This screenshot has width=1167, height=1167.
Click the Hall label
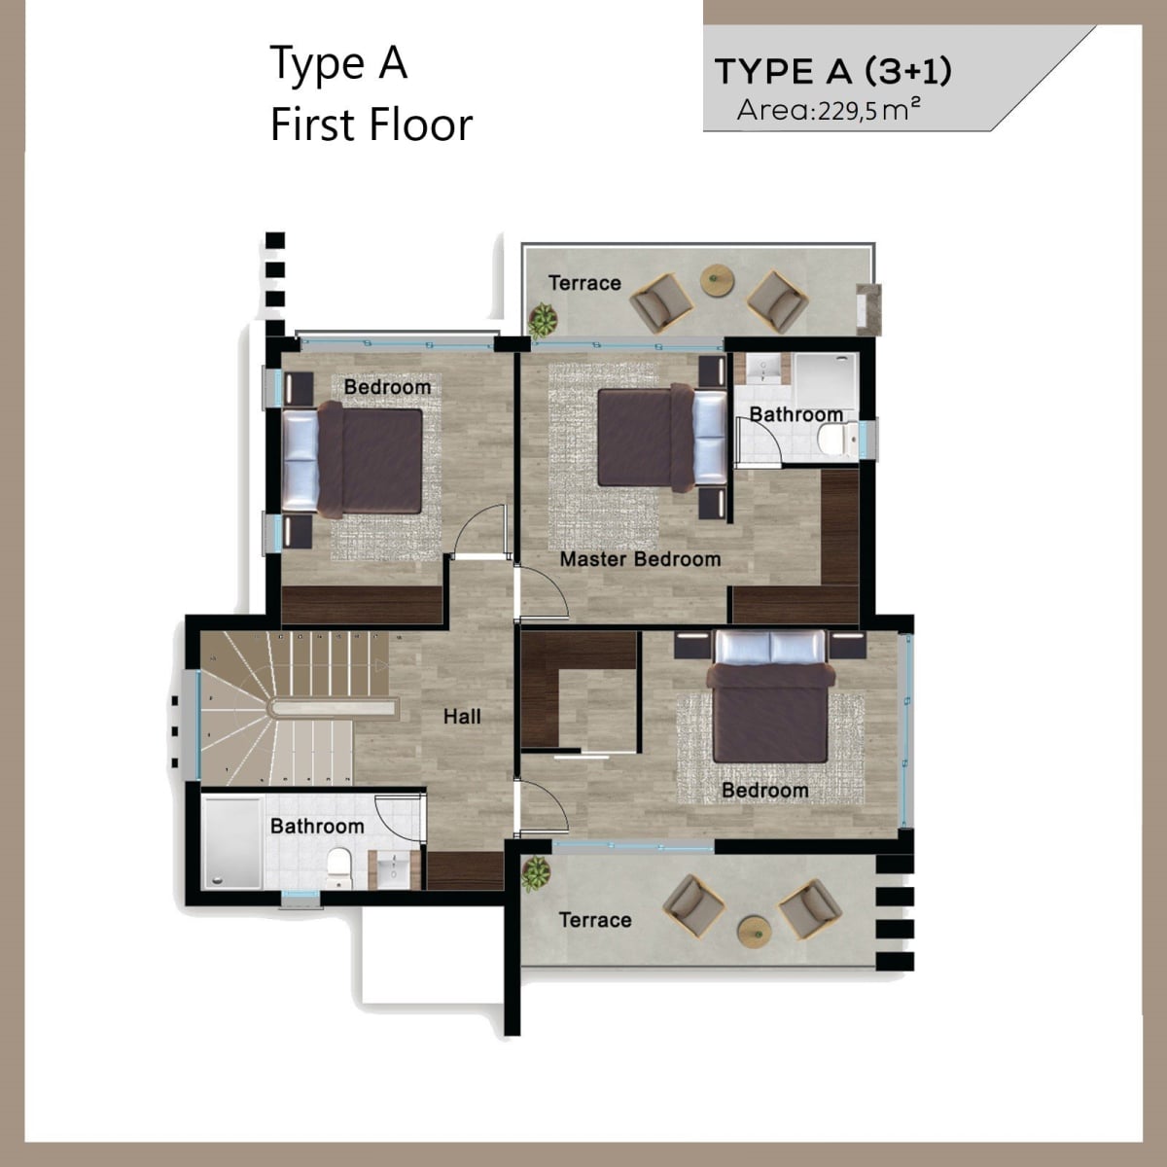(x=462, y=717)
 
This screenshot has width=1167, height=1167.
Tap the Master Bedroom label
(x=640, y=559)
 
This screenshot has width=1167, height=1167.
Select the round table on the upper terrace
(x=717, y=280)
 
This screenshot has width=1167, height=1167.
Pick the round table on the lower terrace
(x=754, y=934)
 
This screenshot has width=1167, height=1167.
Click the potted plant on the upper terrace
(x=543, y=321)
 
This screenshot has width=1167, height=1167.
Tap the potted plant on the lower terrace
(x=536, y=873)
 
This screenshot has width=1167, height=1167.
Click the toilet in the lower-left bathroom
(x=337, y=868)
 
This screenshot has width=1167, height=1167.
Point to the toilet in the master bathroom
(x=836, y=438)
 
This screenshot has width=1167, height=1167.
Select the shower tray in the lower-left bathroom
(x=232, y=843)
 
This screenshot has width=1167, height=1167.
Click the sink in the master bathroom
(x=762, y=369)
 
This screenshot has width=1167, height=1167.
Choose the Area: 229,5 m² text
(x=829, y=110)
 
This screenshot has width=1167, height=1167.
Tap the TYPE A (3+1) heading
(x=833, y=71)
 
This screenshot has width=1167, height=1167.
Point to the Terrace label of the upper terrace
(x=584, y=283)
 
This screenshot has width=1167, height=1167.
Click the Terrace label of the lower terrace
(x=595, y=920)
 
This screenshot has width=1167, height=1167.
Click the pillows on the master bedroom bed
(x=710, y=438)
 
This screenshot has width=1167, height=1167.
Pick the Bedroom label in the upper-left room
(x=387, y=387)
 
